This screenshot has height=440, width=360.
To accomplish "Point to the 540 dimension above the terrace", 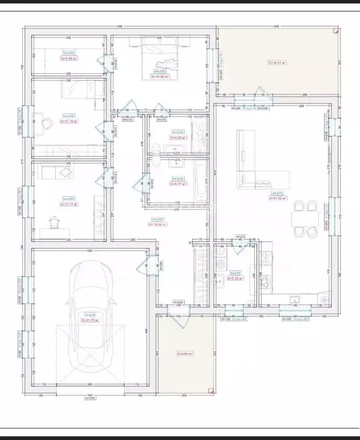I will click(276, 26).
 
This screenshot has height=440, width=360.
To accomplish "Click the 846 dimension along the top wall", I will click(120, 26).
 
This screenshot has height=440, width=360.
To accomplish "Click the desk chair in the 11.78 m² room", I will click(45, 122).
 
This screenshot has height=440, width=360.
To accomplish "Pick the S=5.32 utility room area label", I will click(236, 279).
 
